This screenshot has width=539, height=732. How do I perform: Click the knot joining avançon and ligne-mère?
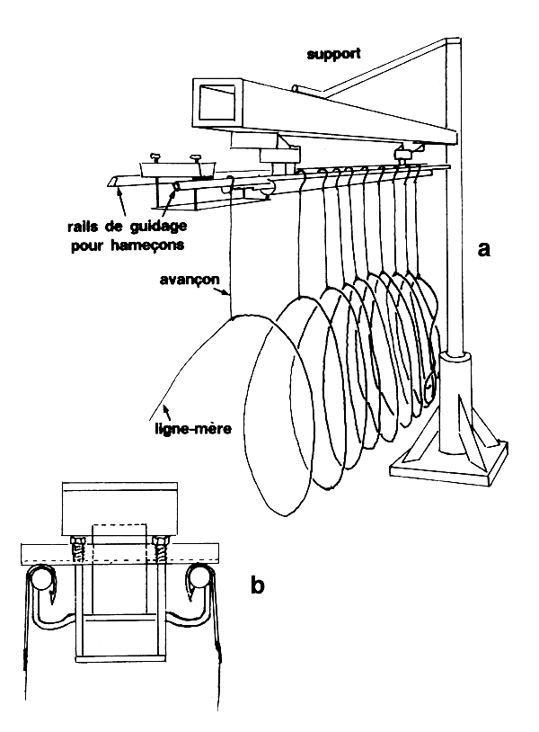click(232, 317)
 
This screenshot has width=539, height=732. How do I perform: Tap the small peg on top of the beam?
click(300, 88)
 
